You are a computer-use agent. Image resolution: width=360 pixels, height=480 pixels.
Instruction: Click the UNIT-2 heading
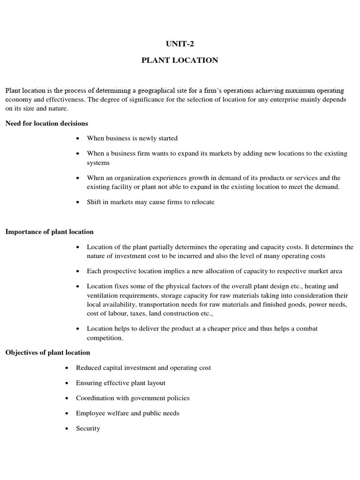(x=180, y=44)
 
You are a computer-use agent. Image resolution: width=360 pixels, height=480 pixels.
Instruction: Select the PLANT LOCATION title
(x=180, y=60)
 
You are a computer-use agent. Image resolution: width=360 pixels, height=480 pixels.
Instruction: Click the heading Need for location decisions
(x=47, y=123)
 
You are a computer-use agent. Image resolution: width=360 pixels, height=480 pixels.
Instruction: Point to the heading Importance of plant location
(x=50, y=232)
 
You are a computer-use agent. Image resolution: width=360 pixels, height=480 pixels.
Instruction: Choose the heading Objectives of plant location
(x=48, y=352)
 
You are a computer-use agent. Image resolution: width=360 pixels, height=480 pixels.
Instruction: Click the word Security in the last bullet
(x=88, y=428)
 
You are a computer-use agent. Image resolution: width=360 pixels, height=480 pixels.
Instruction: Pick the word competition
(x=105, y=337)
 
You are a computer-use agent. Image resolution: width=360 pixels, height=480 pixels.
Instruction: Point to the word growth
(x=187, y=178)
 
